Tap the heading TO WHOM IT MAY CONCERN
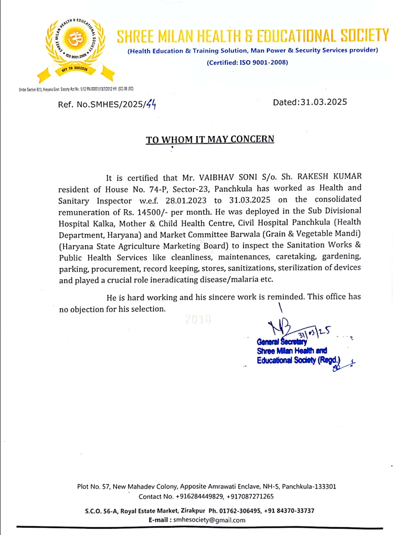coord(210,139)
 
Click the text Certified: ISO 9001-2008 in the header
coord(247,62)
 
